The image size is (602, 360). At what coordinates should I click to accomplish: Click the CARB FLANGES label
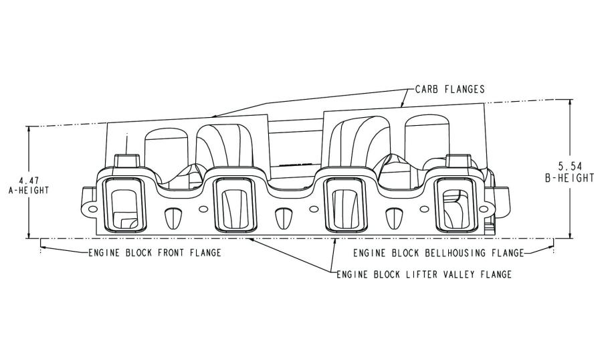(450, 90)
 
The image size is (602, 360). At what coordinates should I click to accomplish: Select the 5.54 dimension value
(570, 167)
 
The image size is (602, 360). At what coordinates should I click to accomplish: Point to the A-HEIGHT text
(29, 190)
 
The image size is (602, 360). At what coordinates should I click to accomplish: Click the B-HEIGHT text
(569, 178)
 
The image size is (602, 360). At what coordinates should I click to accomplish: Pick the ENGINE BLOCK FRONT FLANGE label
(155, 253)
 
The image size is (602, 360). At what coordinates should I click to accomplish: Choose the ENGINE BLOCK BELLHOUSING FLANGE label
(438, 253)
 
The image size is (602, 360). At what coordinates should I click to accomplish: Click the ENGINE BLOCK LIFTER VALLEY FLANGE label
(424, 274)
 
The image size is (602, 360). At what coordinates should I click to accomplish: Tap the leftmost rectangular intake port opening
(125, 205)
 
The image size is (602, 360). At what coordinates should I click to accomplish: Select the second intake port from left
(234, 205)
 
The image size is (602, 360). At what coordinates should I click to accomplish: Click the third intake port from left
(344, 205)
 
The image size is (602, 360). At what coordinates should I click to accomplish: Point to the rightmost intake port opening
(455, 205)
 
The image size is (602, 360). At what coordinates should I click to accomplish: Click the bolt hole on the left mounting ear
(93, 209)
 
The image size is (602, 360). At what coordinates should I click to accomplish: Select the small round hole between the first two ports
(203, 209)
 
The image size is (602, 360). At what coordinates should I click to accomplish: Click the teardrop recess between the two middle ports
(284, 217)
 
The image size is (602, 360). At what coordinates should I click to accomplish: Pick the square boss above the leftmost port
(127, 160)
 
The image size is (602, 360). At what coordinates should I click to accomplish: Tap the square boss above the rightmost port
(458, 160)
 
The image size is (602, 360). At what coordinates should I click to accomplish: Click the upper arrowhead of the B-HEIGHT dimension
(571, 103)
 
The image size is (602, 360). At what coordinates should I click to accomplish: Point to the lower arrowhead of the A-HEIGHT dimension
(28, 234)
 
